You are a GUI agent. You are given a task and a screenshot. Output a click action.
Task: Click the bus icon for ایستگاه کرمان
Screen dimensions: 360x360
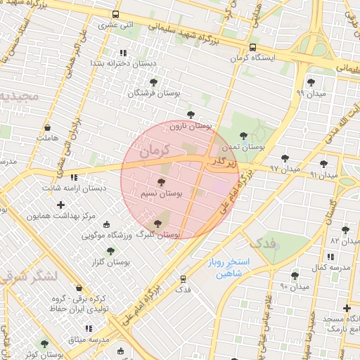coord(252,48)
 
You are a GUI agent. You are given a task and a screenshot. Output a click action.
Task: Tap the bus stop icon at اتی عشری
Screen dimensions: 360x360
coord(116,14)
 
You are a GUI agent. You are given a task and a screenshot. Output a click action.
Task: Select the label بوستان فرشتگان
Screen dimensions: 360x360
coord(155,93)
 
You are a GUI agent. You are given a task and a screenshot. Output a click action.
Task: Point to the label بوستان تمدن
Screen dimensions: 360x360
coord(243,147)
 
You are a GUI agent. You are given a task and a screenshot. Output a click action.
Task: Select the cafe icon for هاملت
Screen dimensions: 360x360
coord(47,129)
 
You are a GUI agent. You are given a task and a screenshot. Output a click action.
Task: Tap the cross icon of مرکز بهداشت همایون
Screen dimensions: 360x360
coord(61,205)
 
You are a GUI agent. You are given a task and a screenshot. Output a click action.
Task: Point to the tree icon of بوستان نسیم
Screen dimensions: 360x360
coord(162,182)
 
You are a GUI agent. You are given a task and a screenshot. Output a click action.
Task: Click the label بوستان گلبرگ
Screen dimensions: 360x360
coord(159,233)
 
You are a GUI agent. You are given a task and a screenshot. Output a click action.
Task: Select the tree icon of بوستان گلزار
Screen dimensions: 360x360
coord(110,251)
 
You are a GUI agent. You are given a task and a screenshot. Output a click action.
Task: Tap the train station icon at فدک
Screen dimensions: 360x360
coord(184,279)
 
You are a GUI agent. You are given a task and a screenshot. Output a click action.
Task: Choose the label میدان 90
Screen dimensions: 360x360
coord(295,286)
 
